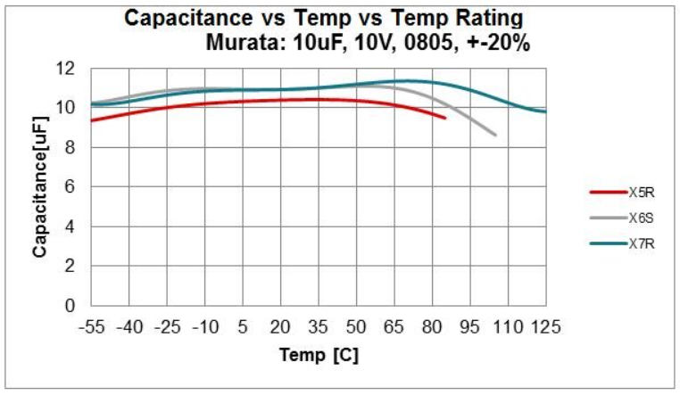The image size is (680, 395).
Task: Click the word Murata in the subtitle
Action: (241, 42)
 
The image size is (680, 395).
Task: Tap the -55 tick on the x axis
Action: (92, 327)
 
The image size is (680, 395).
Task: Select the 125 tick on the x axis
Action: (544, 327)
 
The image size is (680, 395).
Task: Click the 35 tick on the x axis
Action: (318, 327)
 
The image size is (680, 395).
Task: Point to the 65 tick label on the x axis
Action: (394, 327)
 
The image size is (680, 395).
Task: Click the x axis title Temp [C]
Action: (319, 356)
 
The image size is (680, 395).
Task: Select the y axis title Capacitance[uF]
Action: (40, 187)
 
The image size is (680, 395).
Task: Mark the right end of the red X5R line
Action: (444, 118)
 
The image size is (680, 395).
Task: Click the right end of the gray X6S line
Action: (495, 136)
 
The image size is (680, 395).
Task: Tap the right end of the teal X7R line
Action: (545, 111)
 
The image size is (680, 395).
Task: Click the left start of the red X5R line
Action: (92, 120)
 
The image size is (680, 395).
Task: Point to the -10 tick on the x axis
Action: (204, 327)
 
